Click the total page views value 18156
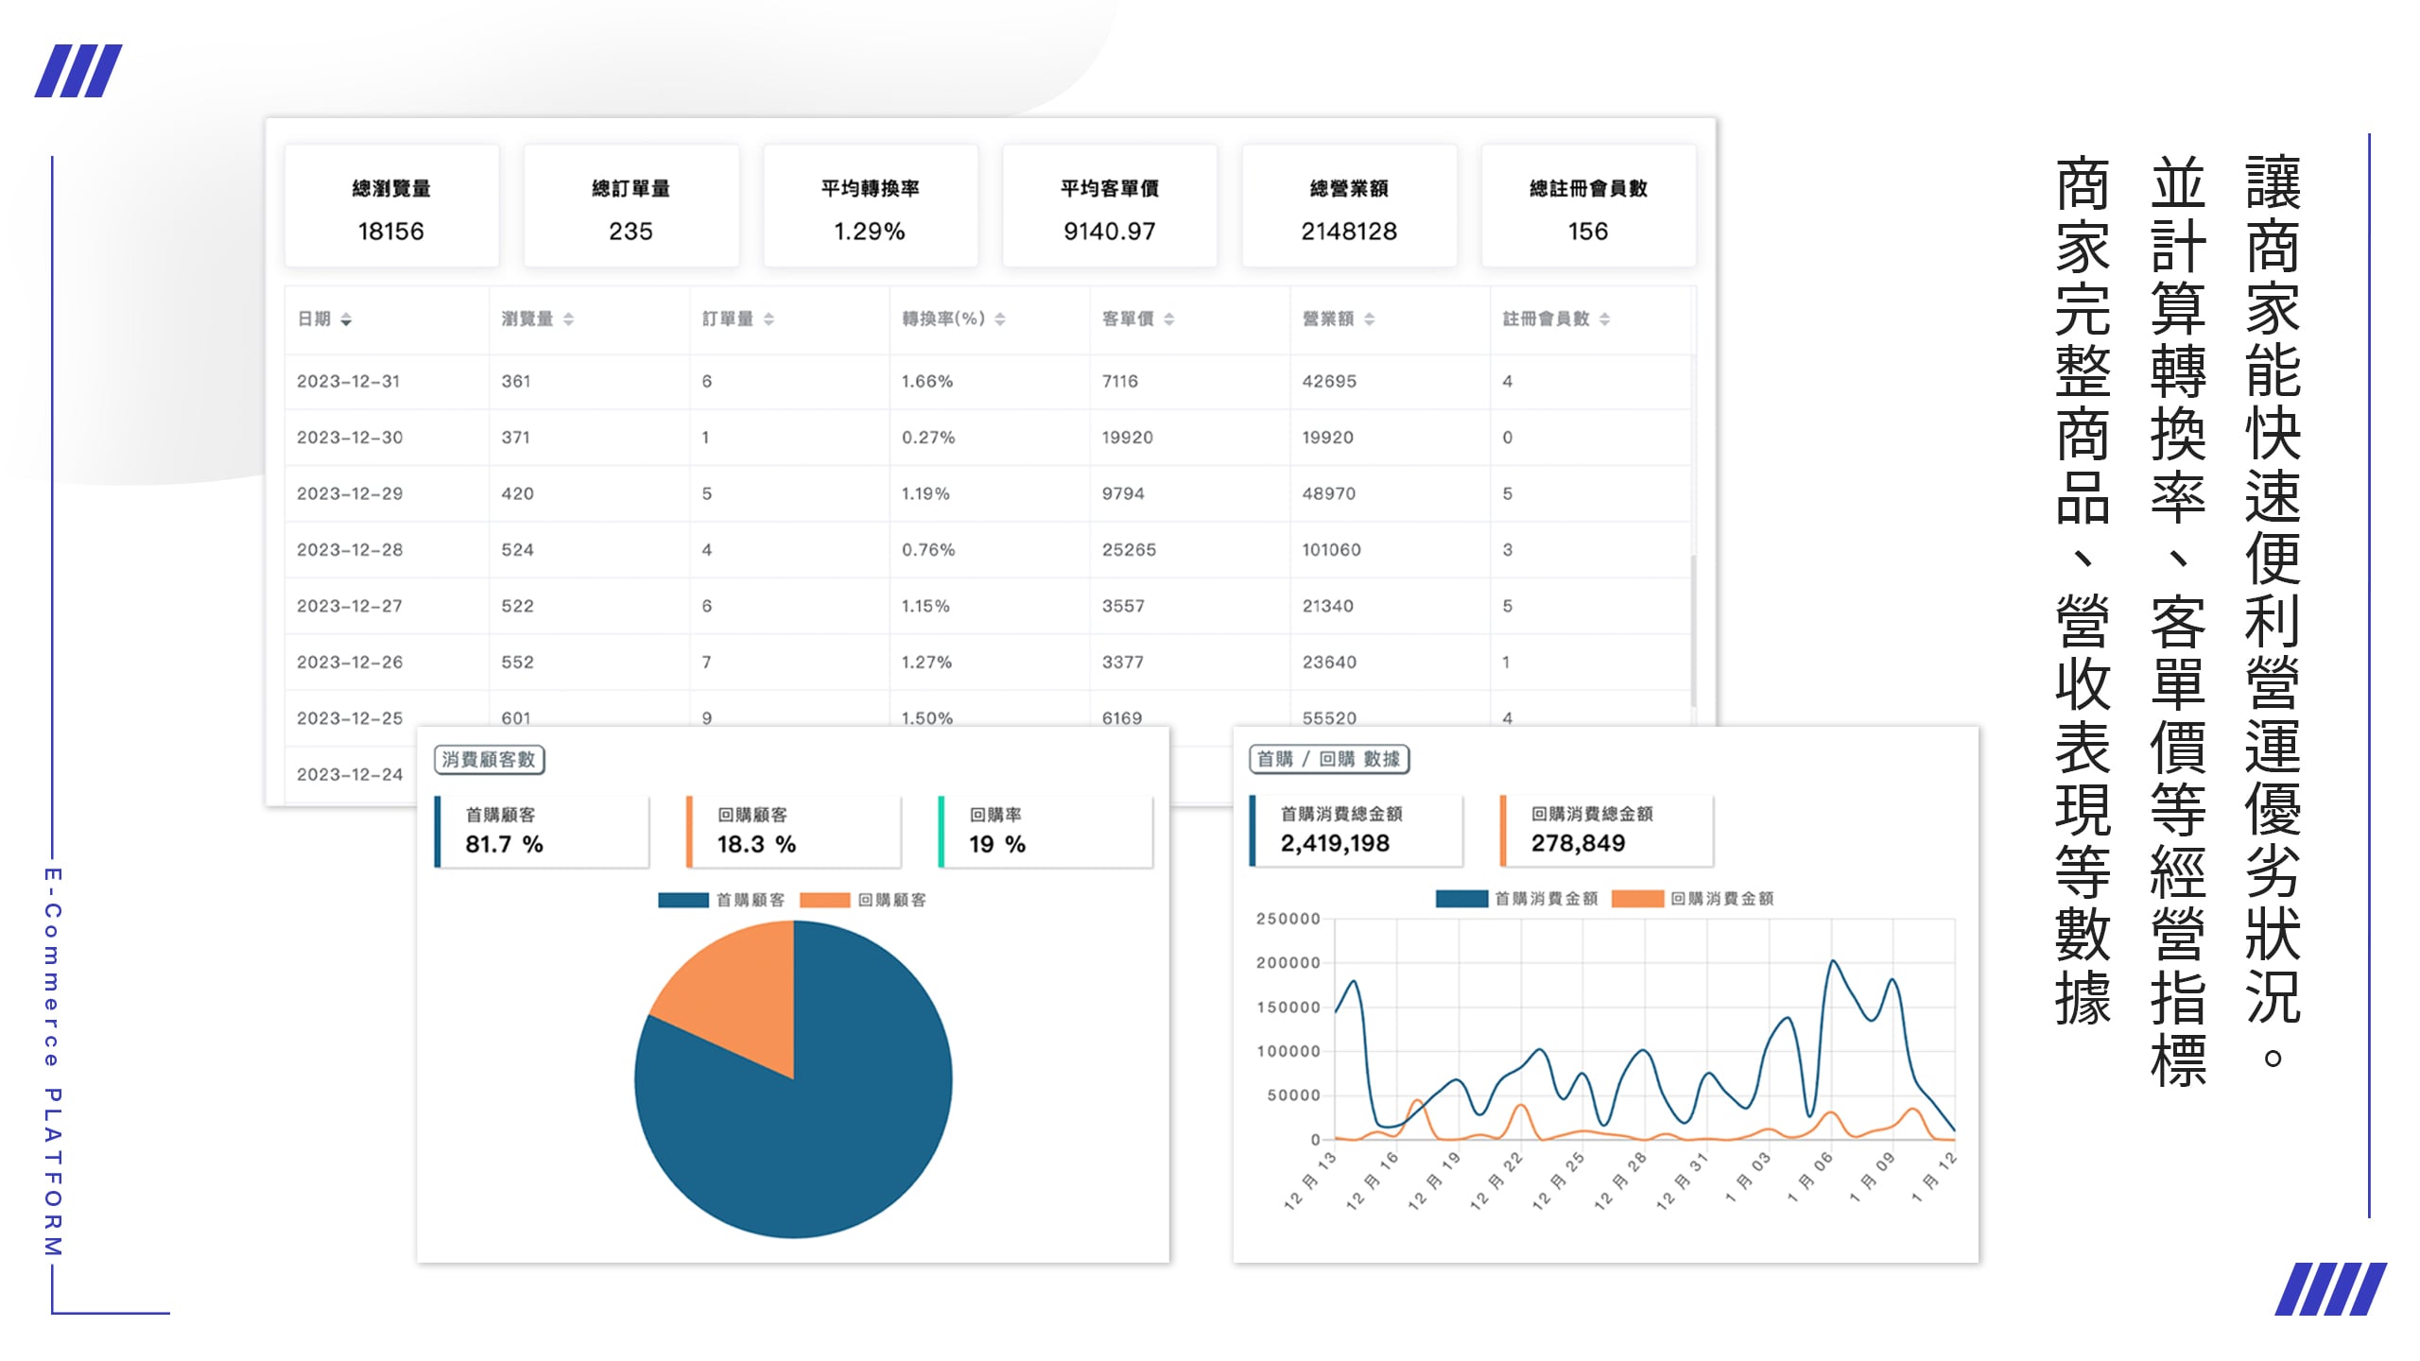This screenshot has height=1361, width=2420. pyautogui.click(x=390, y=232)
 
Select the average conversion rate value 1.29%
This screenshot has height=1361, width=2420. pyautogui.click(x=869, y=232)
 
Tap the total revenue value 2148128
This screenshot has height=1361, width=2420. pyautogui.click(x=1348, y=232)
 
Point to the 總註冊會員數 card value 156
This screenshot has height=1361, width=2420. pyautogui.click(x=1587, y=232)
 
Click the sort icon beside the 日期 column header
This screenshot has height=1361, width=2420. pyautogui.click(x=346, y=320)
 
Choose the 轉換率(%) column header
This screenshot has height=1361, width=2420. pyautogui.click(x=943, y=319)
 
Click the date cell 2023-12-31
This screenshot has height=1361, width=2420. pyautogui.click(x=349, y=382)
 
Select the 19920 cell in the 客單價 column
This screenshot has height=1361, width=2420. pyautogui.click(x=1127, y=438)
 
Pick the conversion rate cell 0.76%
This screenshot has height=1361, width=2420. pyautogui.click(x=928, y=550)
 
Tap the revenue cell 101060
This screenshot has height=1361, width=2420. pyautogui.click(x=1331, y=550)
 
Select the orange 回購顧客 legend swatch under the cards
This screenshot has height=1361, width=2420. pyautogui.click(x=824, y=901)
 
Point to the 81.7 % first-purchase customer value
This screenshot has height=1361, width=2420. pyautogui.click(x=504, y=844)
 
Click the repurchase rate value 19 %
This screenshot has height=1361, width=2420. pyautogui.click(x=997, y=844)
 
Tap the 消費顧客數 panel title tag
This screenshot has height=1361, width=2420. pyautogui.click(x=489, y=760)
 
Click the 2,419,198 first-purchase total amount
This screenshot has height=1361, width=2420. pyautogui.click(x=1335, y=843)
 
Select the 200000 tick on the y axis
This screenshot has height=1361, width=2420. pyautogui.click(x=1288, y=963)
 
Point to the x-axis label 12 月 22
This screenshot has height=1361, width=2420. pyautogui.click(x=1496, y=1181)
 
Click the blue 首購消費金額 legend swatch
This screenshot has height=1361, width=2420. pyautogui.click(x=1461, y=899)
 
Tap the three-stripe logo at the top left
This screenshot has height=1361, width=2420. pyautogui.click(x=78, y=71)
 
